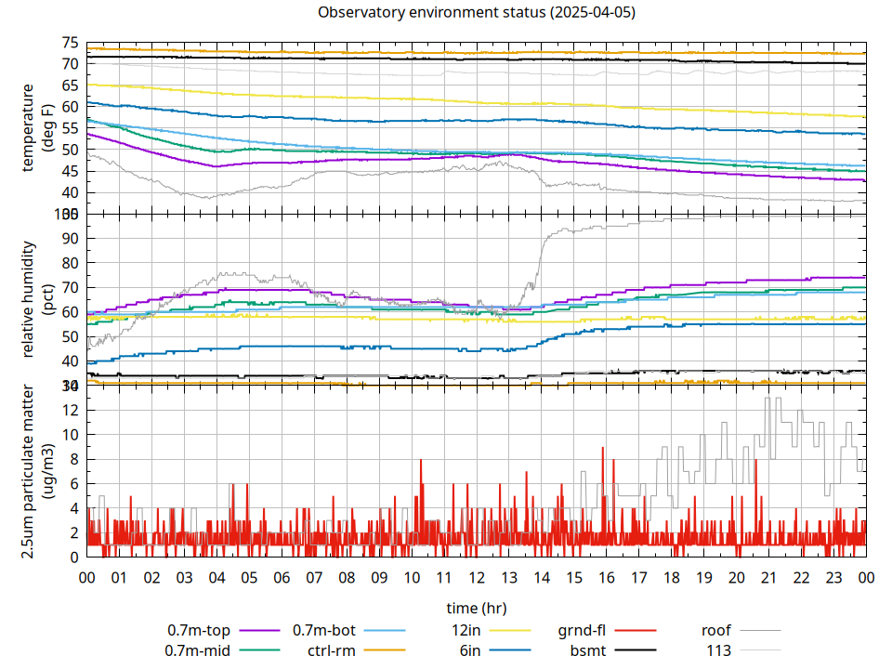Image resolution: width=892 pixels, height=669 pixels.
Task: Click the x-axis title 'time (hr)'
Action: coord(476,608)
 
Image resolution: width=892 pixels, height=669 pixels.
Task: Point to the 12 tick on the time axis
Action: coord(477,577)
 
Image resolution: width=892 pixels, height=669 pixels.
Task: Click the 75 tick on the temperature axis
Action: coord(70,43)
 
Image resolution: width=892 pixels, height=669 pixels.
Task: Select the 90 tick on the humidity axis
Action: coord(70,238)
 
